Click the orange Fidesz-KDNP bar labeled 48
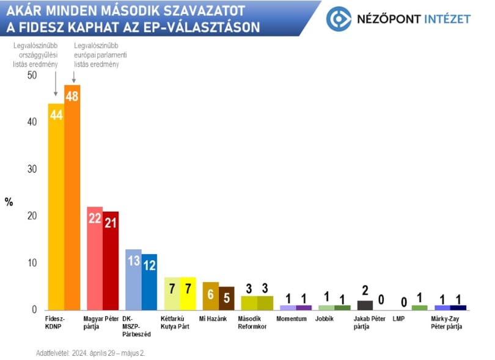72,197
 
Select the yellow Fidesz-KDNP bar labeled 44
56,207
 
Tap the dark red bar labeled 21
111,261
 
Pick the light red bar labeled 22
95,259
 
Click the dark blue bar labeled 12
149,282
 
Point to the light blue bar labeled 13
134,280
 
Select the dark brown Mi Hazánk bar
227,298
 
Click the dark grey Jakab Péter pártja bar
365,306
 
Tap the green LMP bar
420,308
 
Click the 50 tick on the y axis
32,75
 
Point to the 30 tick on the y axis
32,169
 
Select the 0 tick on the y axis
34,309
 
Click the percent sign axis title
9,202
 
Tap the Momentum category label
291,319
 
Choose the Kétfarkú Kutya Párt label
175,323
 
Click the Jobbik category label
324,319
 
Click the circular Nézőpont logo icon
339,19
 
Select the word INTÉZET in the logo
447,19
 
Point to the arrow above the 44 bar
56,84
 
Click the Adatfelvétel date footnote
90,353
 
